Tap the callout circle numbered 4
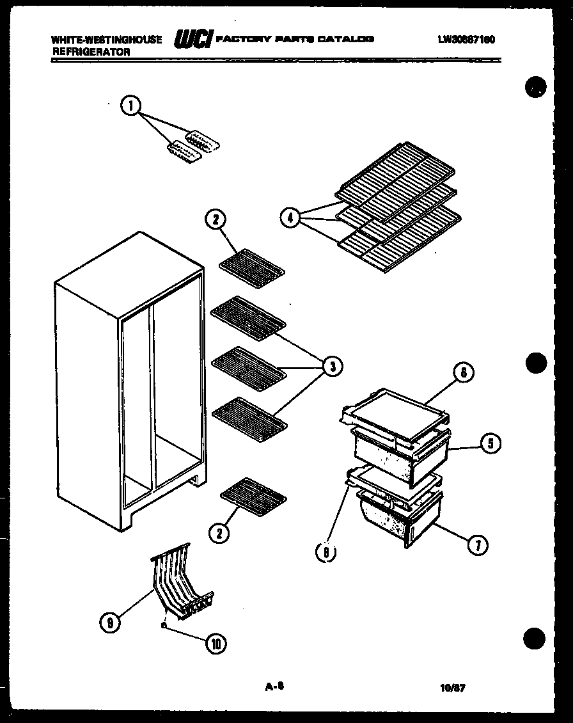(291, 218)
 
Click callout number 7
(477, 544)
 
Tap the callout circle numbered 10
(216, 644)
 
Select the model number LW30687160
(466, 40)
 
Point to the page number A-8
(274, 687)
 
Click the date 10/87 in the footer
(453, 688)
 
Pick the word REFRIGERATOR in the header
(91, 52)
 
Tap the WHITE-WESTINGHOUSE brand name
(106, 40)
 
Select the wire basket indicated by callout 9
(180, 581)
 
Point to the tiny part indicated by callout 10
(165, 626)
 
